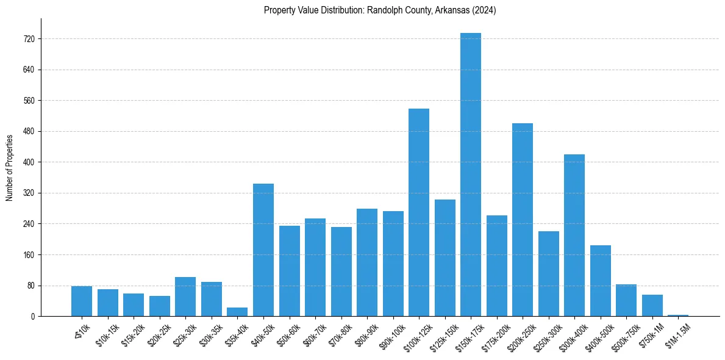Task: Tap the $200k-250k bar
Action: [x=522, y=220]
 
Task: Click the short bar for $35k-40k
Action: [x=237, y=312]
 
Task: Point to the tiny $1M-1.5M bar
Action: [x=677, y=315]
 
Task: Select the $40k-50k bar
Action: [x=263, y=250]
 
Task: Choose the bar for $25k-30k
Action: [x=185, y=297]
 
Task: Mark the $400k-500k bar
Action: [x=600, y=281]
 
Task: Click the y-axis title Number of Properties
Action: [x=10, y=167]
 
